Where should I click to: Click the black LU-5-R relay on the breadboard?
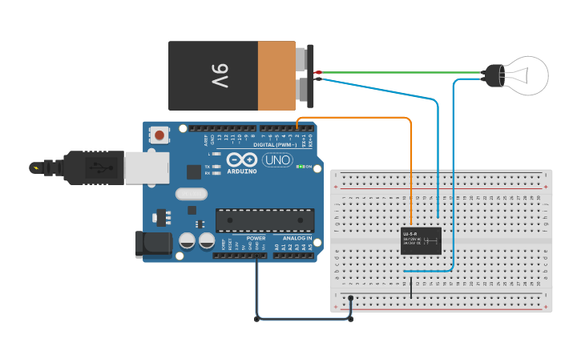(421, 240)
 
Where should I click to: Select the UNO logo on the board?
(277, 160)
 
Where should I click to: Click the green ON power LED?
(300, 167)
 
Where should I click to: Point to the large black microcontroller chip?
(264, 220)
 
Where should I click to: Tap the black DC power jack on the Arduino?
(154, 244)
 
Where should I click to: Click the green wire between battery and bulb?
(401, 72)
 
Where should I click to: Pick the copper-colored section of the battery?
(276, 76)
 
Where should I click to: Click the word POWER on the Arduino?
(256, 238)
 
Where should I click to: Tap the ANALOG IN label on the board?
(297, 238)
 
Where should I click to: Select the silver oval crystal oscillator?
(192, 193)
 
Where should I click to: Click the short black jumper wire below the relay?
(411, 286)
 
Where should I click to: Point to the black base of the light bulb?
(491, 76)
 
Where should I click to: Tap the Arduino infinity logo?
(240, 159)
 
